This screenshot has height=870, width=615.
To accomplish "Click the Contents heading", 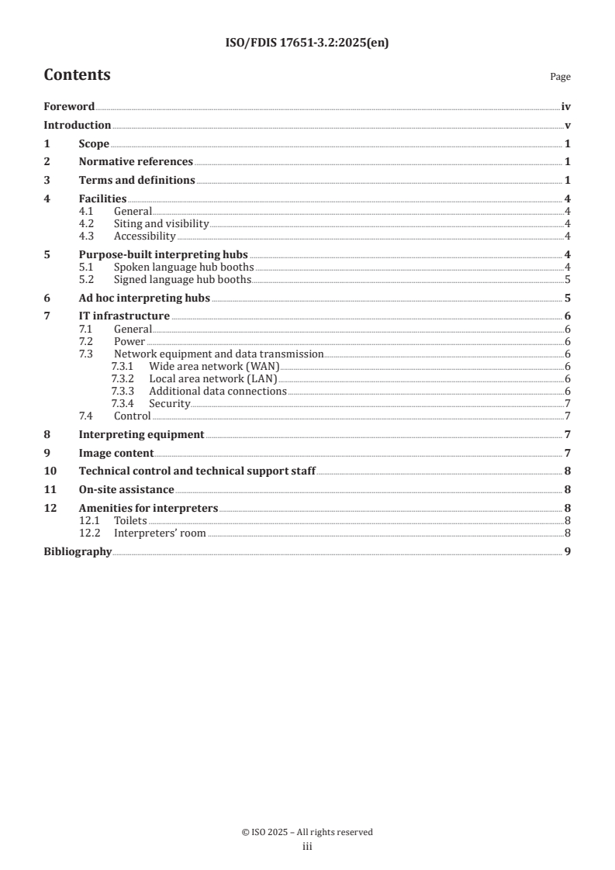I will point(77,75).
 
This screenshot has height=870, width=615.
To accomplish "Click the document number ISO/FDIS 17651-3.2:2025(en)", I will point(307,43).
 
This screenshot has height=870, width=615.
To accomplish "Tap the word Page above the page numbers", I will point(560,77).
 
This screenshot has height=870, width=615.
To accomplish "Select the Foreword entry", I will point(69,107).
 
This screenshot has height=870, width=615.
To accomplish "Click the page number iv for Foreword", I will point(566,107).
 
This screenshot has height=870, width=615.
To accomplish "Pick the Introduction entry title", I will point(77,125).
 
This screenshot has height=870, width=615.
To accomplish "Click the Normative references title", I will point(136,161).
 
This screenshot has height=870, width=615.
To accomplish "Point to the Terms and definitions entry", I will point(136,180).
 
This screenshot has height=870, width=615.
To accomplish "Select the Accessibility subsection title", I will point(144,236).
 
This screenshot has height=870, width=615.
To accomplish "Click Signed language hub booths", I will point(182,279).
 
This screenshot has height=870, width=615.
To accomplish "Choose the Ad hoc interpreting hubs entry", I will point(144,298).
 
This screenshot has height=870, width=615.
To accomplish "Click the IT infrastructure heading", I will point(124,316).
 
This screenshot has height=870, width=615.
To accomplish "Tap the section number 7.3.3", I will point(123,391).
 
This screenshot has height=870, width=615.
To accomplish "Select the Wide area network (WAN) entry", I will point(214,366).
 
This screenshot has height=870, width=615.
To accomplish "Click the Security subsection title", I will point(169,403).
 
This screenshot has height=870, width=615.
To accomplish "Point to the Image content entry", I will point(116,453).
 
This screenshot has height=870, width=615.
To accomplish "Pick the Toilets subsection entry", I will point(130,520).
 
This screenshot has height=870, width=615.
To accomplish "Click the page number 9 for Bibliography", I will point(568,551).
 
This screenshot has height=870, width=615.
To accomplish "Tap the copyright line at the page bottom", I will point(307,832).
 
